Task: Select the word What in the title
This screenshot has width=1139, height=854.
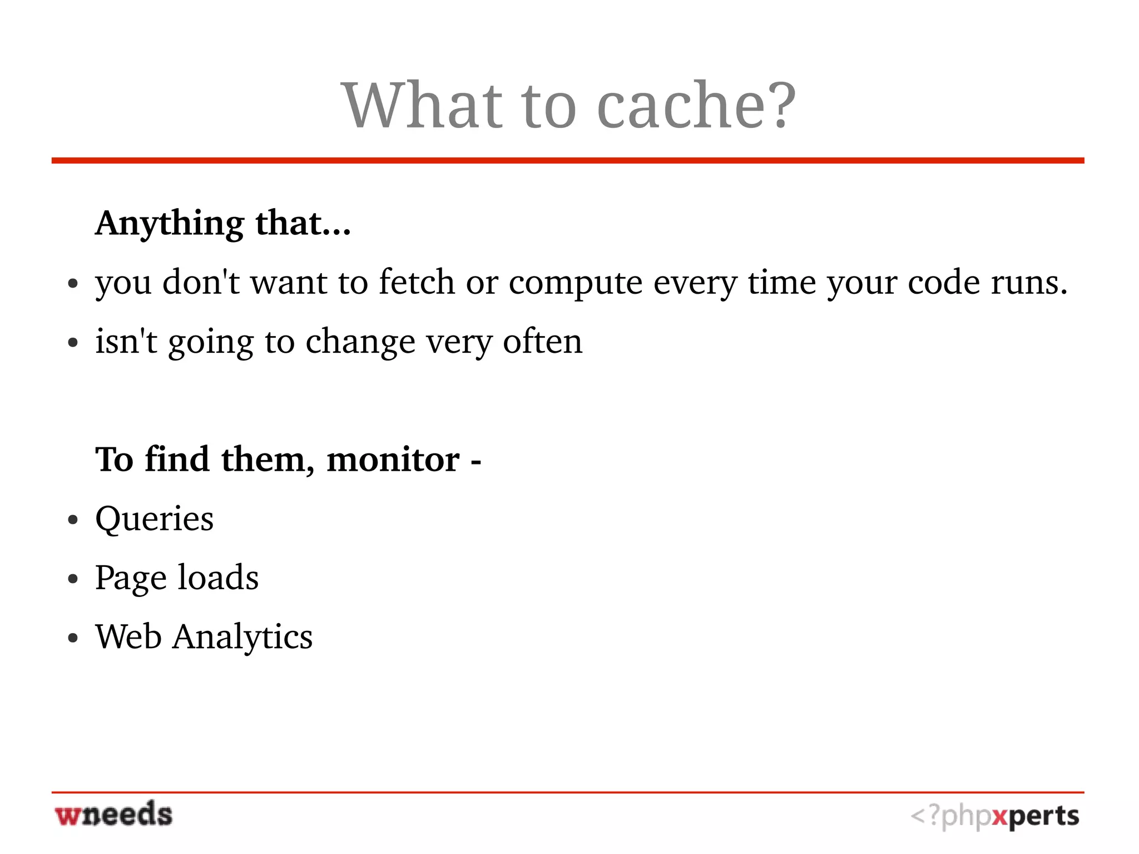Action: (422, 106)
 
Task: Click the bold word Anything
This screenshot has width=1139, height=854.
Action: (169, 224)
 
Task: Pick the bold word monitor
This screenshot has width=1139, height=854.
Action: (393, 460)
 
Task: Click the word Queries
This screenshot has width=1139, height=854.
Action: (154, 520)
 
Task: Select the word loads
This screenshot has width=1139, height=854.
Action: (218, 577)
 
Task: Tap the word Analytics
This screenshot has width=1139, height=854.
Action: (242, 638)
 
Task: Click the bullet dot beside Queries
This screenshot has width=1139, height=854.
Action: (72, 521)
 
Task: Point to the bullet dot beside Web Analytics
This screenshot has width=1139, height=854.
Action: (72, 639)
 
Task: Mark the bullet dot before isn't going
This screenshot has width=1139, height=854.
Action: (72, 343)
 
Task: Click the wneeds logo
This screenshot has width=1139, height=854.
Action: (113, 814)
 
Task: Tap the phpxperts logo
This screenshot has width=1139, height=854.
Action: (994, 817)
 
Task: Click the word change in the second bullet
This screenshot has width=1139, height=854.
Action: (360, 341)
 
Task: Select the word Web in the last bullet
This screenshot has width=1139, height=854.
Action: (128, 636)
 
